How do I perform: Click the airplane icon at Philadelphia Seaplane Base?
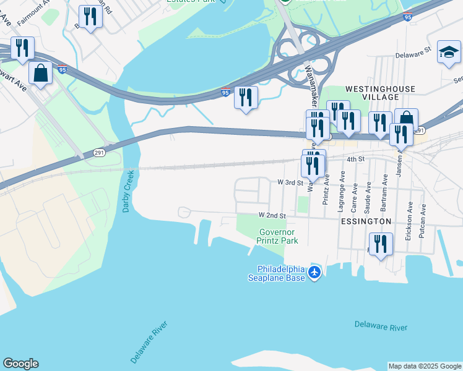[x=315, y=272]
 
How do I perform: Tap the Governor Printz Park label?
[x=278, y=236]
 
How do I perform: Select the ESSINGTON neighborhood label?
[x=366, y=221]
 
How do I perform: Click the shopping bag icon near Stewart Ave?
[x=40, y=73]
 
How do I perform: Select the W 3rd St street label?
[x=289, y=182]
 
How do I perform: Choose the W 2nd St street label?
[x=272, y=216]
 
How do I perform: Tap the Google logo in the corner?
[x=20, y=364]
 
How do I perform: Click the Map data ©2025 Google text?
[x=425, y=366]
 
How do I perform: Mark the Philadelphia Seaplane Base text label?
[x=282, y=273]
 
